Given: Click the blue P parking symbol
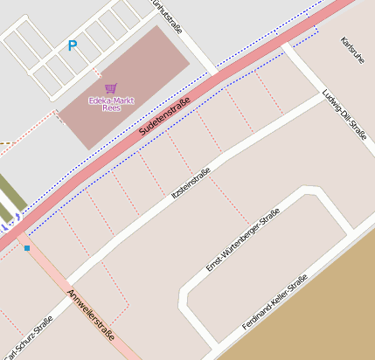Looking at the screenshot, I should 73,45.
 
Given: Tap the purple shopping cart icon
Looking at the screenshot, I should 110,87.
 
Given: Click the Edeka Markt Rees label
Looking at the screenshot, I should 109,103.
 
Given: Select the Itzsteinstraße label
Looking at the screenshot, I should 192,186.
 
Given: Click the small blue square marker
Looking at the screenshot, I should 27,249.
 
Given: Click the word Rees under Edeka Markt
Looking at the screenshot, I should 110,108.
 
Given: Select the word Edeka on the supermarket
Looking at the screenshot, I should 96,100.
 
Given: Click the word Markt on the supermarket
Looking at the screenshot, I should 120,100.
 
